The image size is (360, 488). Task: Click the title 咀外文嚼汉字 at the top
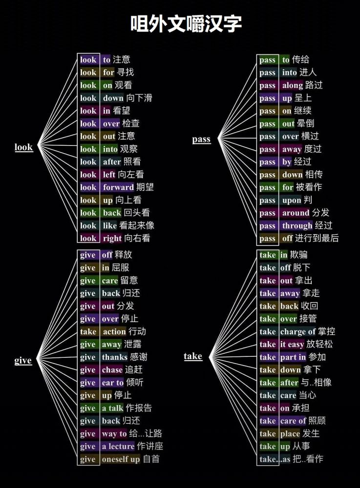[x=186, y=23]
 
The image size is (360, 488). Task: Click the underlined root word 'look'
[x=23, y=147]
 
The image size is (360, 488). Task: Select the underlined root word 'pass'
[x=201, y=139]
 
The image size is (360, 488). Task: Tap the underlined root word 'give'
[x=23, y=361]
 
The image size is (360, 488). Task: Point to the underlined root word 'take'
[x=193, y=356]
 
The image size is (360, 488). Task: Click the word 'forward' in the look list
[x=118, y=187]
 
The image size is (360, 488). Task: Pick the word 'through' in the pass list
[x=297, y=225]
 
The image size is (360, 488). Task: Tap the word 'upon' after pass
[x=291, y=200]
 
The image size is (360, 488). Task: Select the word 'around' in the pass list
[x=296, y=213]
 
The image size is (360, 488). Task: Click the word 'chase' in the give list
[x=112, y=370]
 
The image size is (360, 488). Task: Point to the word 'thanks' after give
[x=114, y=357]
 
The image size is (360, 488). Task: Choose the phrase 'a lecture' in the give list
[x=118, y=447]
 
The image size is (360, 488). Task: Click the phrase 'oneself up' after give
[x=121, y=459]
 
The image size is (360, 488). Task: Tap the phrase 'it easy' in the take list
[x=292, y=345]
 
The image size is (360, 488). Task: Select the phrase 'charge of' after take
[x=297, y=332]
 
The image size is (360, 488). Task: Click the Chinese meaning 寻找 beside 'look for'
[x=126, y=72]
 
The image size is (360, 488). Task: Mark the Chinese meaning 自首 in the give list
[x=151, y=459]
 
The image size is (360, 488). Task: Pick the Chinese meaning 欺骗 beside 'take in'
[x=299, y=255]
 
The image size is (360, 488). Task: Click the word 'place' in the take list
[x=290, y=434]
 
